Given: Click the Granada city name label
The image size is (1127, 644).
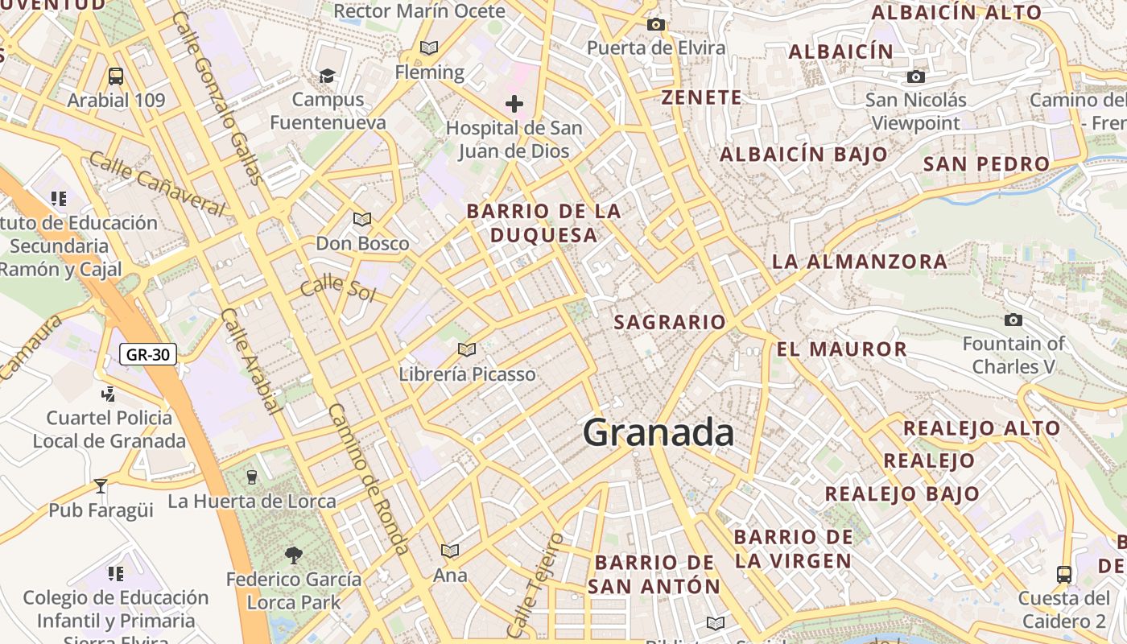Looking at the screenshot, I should (x=658, y=433).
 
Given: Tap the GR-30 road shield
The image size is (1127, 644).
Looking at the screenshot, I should (x=148, y=353).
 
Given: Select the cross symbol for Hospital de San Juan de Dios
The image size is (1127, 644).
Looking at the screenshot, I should (x=514, y=104).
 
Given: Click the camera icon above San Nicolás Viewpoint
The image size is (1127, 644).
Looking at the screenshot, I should (x=915, y=77).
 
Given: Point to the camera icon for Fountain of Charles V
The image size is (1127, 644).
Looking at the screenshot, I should (x=1013, y=320).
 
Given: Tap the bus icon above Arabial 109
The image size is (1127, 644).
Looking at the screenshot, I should (x=116, y=76).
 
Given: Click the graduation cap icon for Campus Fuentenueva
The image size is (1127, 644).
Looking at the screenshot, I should (x=327, y=76).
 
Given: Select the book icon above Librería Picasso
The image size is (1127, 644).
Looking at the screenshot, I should (x=467, y=349).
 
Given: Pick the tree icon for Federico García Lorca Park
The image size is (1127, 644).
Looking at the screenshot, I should (x=293, y=554).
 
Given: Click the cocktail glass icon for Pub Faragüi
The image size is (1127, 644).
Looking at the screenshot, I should (x=101, y=485).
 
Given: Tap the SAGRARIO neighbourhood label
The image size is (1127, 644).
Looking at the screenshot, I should (x=670, y=323).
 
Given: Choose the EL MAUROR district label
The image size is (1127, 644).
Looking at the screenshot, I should (x=842, y=349).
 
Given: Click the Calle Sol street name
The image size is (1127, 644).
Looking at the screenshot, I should (x=338, y=287).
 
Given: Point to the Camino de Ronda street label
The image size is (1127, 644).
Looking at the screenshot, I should (x=368, y=479).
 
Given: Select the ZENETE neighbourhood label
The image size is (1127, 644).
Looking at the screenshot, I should (x=701, y=98).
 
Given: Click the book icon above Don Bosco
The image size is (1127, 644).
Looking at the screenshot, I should (x=362, y=219).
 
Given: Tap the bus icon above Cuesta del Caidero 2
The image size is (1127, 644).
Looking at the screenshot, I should (x=1064, y=574).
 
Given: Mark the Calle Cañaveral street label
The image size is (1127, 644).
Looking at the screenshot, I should (x=157, y=183).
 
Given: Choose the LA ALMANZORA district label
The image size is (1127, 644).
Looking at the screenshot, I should (x=860, y=262).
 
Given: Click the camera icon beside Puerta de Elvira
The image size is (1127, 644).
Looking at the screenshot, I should (x=656, y=25).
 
